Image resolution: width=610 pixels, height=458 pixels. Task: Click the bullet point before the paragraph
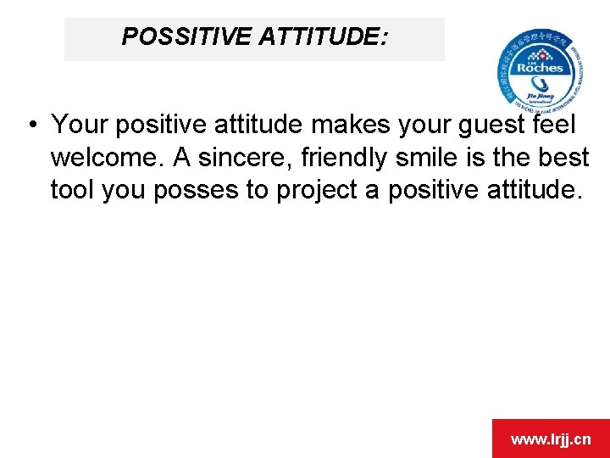[x=30, y=126]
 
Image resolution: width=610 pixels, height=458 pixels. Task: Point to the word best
[x=563, y=158]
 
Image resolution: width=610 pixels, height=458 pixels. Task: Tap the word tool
[x=73, y=190]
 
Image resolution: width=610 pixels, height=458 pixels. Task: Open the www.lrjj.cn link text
[x=551, y=439]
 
